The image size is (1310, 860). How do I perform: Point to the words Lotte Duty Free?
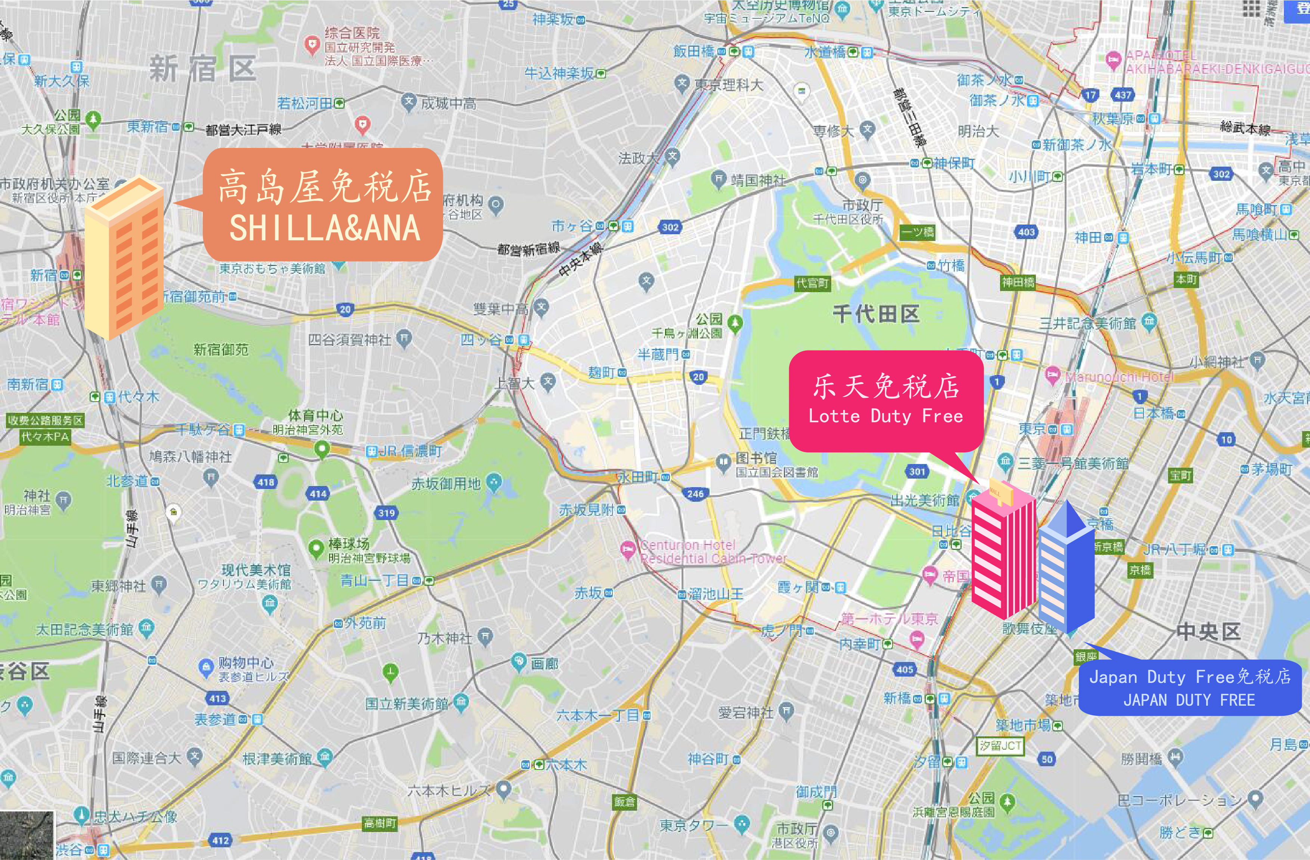pos(886,416)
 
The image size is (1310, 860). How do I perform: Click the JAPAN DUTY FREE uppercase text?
pos(1189,700)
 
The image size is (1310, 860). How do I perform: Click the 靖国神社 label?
pos(758,180)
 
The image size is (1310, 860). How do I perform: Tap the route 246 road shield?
pos(695,493)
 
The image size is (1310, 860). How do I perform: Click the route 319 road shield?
pos(387,513)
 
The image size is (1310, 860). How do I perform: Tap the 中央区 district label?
pos(1208,631)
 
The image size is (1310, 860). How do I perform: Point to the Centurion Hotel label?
pos(687,545)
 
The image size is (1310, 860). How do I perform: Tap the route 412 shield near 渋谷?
pos(220,840)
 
